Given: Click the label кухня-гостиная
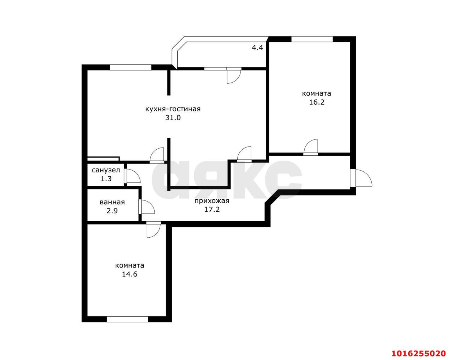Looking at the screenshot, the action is coord(173,109).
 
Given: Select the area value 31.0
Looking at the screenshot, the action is coord(173,118).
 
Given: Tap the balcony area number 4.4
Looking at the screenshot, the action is coord(258,48).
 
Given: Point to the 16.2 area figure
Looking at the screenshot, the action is coord(317,102).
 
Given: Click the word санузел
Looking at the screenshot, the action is coord(106,170).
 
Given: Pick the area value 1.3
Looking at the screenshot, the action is coord(106,179).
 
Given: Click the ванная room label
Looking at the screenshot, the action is coord(112,202).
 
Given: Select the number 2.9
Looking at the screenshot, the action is coord(112,211).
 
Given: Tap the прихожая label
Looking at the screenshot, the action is coord(212,201).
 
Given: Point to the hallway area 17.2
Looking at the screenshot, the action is coord(212,209).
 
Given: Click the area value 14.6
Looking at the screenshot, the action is coord(129,274).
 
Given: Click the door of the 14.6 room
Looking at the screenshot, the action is coord(154,231).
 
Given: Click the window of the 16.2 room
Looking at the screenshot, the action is coord(312,39).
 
